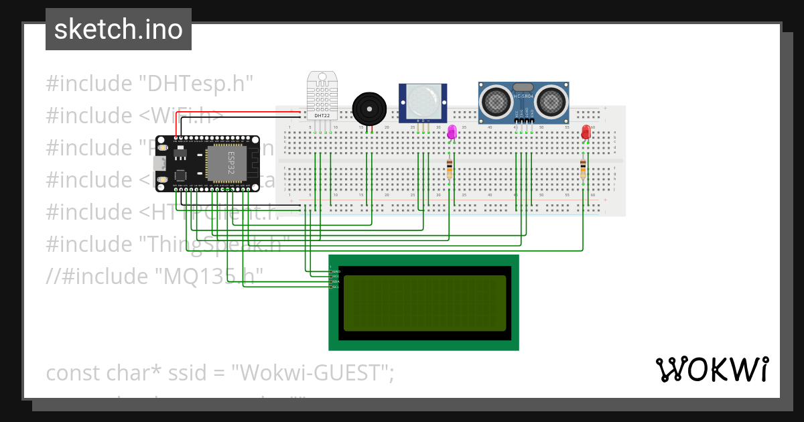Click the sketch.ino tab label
point(119,29)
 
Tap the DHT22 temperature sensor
point(322,94)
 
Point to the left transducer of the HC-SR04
point(496,101)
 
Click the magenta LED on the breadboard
point(452,131)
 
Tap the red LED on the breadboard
point(586,131)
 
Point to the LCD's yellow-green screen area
point(425,303)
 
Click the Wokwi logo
point(712,369)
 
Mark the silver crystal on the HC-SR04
point(523,87)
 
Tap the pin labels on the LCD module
point(335,279)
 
